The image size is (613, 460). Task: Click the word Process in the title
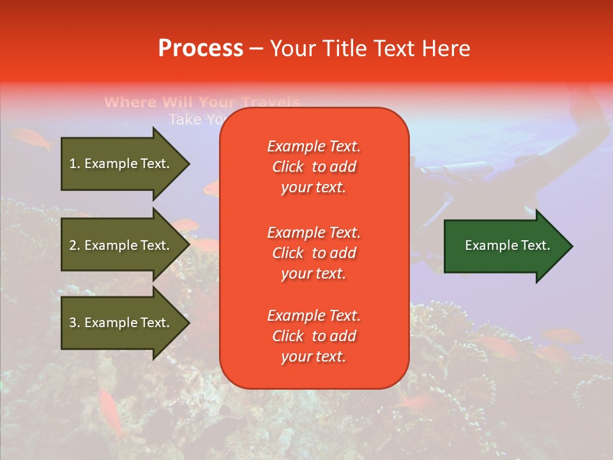[201, 48]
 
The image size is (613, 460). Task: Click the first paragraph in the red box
[314, 167]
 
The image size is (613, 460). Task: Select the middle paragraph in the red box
[314, 253]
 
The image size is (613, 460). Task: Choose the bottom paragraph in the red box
[314, 336]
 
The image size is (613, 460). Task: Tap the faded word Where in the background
[130, 102]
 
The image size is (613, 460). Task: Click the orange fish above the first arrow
[32, 139]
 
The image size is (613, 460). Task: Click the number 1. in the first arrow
[75, 164]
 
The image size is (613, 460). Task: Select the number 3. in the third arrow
[75, 323]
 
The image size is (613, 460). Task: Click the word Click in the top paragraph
[288, 167]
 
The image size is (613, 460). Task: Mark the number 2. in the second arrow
[75, 245]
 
